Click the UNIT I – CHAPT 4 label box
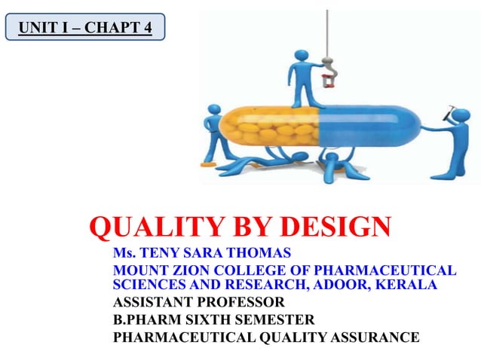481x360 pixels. (x=84, y=29)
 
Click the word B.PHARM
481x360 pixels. (x=144, y=319)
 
